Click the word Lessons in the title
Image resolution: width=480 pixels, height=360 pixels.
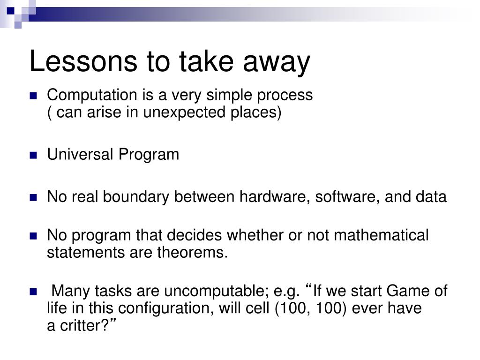click(x=83, y=61)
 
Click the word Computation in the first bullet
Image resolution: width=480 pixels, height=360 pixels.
click(x=92, y=95)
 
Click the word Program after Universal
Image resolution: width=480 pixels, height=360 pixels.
click(x=149, y=155)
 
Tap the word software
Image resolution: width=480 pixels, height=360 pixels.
click(x=347, y=197)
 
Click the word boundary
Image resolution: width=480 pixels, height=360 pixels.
click(x=136, y=197)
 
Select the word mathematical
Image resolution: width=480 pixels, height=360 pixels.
click(x=382, y=235)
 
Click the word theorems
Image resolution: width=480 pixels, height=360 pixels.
click(x=193, y=253)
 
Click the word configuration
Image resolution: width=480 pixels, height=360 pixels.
click(x=165, y=308)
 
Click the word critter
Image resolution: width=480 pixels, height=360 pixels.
click(x=82, y=326)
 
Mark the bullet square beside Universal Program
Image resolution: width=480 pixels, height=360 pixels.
click(x=33, y=155)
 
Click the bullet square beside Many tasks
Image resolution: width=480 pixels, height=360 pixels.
click(x=33, y=292)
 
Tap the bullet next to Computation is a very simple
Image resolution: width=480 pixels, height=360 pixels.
click(x=33, y=96)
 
